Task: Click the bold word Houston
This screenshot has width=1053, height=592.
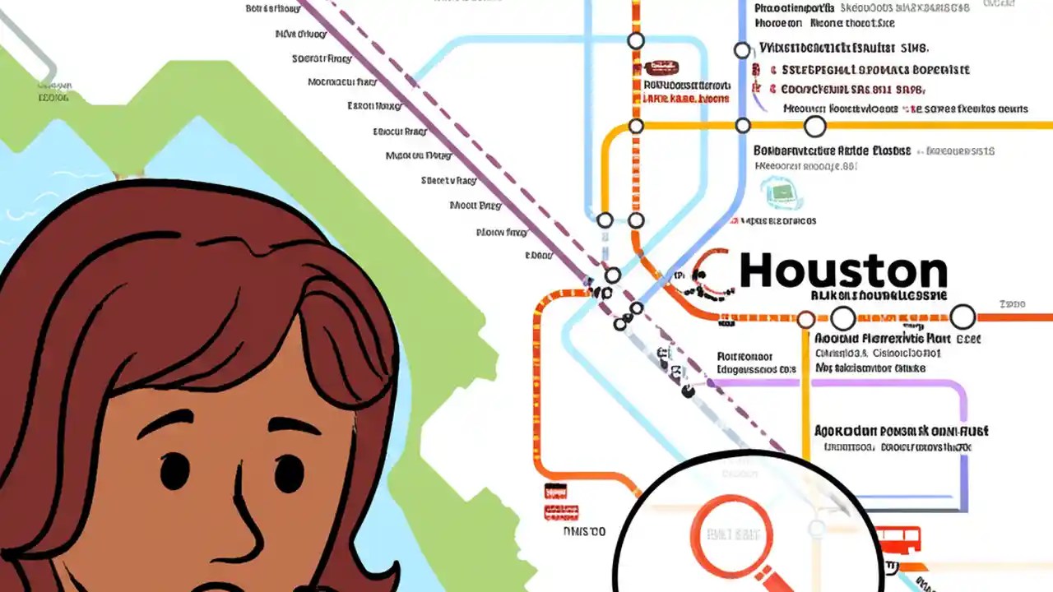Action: (843, 271)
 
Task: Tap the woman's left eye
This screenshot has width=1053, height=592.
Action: (175, 471)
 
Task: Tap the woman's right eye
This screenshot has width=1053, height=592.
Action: (289, 474)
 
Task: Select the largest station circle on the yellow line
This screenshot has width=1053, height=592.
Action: (814, 126)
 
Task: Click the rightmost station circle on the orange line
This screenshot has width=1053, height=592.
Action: (963, 317)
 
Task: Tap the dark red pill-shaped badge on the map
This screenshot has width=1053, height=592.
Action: (661, 67)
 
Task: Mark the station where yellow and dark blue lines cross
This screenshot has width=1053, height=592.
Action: (743, 126)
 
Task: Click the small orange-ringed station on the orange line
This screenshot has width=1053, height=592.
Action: (806, 319)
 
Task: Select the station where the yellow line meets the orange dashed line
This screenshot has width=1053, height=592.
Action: (636, 126)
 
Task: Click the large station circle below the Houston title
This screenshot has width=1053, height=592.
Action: (843, 318)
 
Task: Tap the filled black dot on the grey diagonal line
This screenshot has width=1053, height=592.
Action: (688, 392)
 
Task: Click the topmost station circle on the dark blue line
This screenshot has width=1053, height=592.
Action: (742, 50)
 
